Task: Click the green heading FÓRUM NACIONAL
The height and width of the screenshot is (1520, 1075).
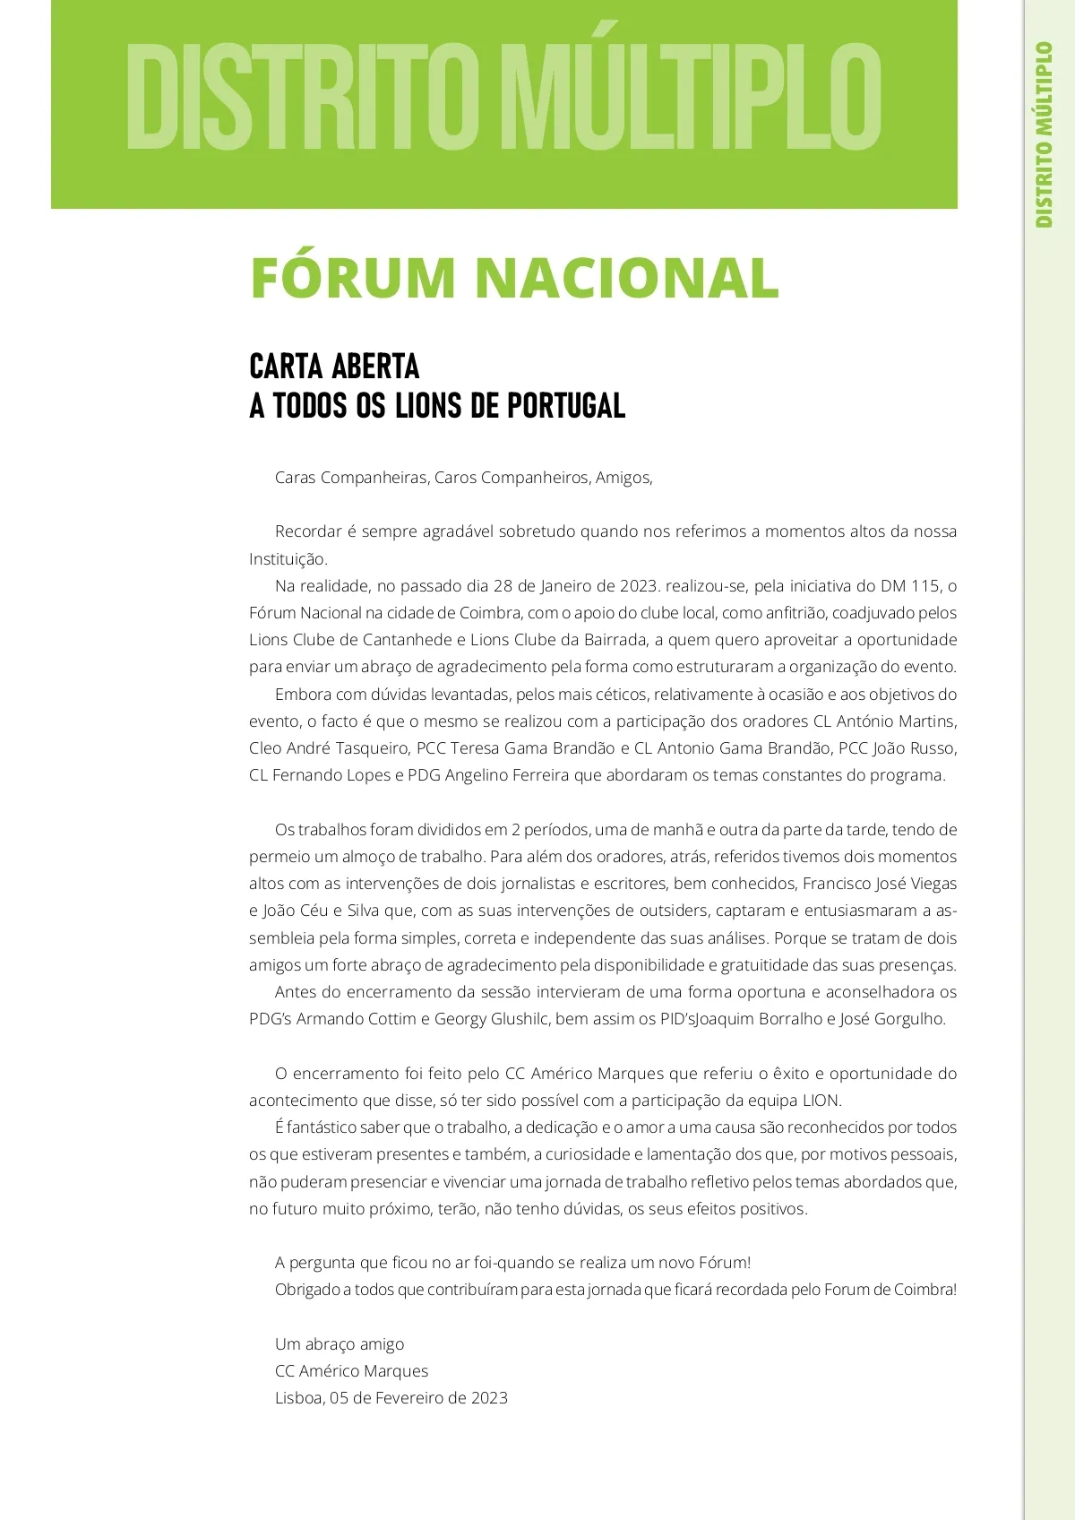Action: click(x=514, y=278)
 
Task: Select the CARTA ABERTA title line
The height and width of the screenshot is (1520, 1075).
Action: click(x=334, y=367)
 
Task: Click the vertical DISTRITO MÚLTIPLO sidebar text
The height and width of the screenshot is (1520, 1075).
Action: click(x=1044, y=134)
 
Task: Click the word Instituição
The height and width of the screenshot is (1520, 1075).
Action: click(x=288, y=559)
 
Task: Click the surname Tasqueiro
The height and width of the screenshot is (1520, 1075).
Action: click(x=373, y=748)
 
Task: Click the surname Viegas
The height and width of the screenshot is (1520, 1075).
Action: click(x=933, y=884)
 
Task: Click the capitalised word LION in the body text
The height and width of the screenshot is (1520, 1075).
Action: click(x=821, y=1101)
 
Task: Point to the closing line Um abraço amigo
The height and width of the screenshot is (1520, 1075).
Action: click(x=340, y=1344)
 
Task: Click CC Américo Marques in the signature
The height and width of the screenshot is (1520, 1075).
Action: click(x=351, y=1371)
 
